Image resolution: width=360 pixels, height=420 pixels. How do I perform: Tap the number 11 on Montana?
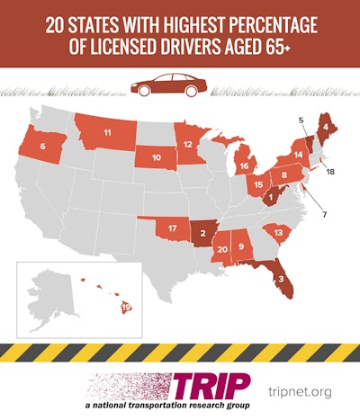107,133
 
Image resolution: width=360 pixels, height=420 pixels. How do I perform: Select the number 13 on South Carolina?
279,232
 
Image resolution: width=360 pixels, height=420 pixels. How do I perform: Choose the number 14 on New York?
298,155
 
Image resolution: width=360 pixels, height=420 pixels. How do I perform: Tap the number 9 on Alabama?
240,245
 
